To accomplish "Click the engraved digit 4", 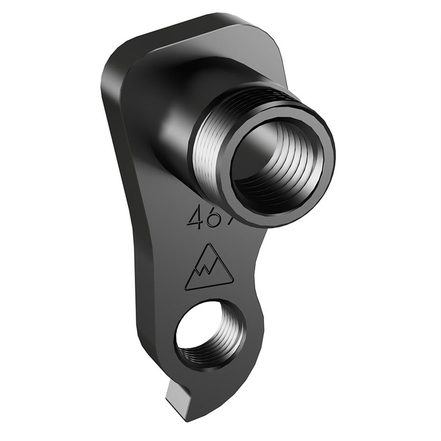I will [x=194, y=219].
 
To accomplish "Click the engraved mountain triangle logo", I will [x=208, y=268].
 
